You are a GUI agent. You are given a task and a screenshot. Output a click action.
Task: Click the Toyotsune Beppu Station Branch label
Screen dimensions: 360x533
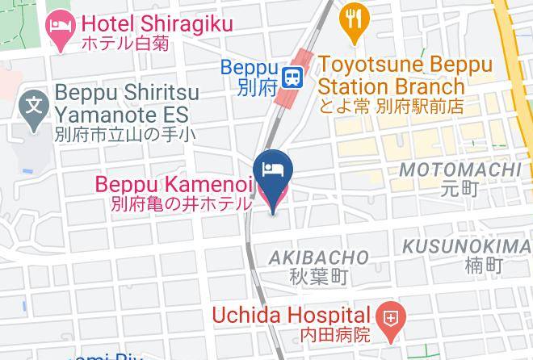click(x=392, y=73)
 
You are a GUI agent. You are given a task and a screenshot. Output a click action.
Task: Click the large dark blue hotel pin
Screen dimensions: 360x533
click(x=272, y=173)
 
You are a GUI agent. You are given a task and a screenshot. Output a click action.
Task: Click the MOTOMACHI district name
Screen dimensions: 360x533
click(x=460, y=170)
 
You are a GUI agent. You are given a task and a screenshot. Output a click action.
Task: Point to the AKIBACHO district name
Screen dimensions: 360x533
click(x=319, y=257)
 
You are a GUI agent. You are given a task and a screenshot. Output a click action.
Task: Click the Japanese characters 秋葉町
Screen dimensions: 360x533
click(x=319, y=277)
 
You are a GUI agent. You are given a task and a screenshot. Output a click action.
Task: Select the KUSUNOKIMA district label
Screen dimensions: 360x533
click(x=467, y=245)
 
